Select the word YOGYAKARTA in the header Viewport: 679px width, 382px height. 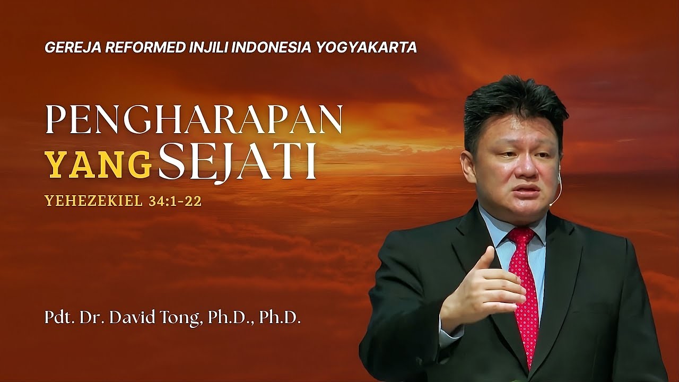tap(367, 48)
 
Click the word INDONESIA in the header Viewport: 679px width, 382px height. tap(272, 48)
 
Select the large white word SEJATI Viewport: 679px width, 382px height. tap(237, 162)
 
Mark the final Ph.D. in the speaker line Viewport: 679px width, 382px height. tap(280, 320)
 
